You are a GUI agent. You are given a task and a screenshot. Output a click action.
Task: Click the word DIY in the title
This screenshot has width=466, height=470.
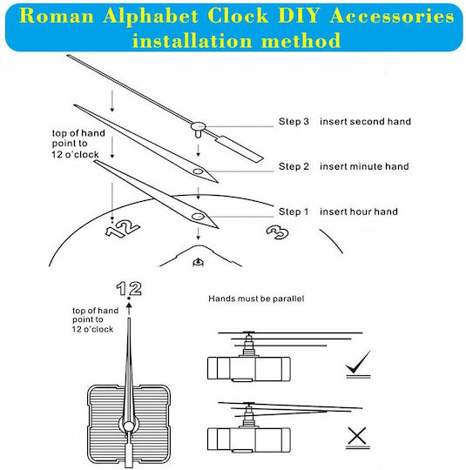[299, 16]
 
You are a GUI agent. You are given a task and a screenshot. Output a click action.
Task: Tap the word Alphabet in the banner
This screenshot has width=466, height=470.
[151, 16]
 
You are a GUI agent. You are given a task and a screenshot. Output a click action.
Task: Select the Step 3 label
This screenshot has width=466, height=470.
[294, 121]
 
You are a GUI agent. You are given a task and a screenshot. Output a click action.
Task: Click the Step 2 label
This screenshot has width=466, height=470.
[294, 166]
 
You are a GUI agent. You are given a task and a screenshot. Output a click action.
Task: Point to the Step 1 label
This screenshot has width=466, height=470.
[294, 211]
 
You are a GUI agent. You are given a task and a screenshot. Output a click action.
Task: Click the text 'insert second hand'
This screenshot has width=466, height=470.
[365, 121]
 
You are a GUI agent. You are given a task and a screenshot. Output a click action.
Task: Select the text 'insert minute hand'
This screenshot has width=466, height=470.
[364, 166]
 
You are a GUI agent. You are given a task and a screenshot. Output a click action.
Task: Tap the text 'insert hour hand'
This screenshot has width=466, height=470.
[359, 211]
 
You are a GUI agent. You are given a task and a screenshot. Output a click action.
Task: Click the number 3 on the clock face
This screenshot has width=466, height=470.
[278, 232]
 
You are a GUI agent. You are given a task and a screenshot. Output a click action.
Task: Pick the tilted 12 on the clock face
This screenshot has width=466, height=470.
[123, 229]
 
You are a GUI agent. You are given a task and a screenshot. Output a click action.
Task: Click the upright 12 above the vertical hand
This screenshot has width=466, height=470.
[129, 288]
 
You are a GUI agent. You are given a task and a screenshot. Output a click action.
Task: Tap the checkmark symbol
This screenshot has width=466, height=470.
[358, 362]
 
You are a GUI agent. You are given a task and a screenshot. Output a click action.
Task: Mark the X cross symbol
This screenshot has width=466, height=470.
[357, 435]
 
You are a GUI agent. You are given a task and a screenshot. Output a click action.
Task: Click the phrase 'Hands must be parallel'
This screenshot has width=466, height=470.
[256, 299]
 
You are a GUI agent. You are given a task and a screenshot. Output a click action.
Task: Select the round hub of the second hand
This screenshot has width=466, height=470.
[198, 126]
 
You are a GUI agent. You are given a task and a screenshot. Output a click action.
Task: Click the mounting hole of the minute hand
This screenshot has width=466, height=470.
[198, 171]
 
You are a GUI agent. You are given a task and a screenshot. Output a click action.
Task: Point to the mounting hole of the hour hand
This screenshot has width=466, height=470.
[198, 217]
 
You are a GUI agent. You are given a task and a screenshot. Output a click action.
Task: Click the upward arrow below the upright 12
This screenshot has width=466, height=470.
[129, 308]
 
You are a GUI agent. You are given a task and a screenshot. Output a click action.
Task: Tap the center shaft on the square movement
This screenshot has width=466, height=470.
[129, 426]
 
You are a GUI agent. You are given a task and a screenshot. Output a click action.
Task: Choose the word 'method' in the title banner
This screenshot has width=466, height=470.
[301, 40]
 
